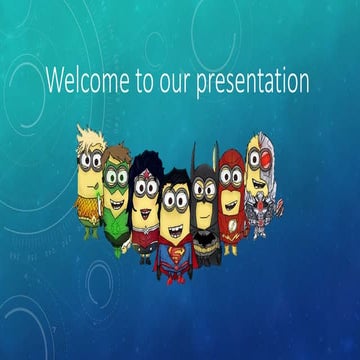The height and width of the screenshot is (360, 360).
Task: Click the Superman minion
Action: (176, 224)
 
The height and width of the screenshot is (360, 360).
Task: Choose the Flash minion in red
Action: (231, 200)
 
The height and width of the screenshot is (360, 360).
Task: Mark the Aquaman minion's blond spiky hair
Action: (90, 136)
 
